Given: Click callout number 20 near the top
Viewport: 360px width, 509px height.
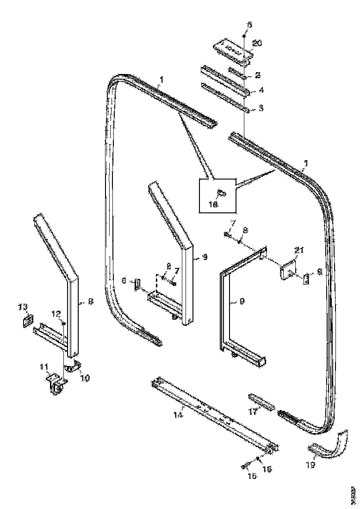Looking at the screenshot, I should (257, 43).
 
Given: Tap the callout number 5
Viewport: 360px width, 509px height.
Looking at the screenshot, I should (249, 25).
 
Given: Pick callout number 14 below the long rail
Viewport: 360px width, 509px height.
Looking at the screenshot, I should (179, 415).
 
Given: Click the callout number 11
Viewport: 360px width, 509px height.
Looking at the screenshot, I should (44, 367).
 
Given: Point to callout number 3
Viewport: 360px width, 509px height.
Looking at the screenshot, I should (261, 108).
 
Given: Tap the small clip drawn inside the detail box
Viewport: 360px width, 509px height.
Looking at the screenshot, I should (221, 192).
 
